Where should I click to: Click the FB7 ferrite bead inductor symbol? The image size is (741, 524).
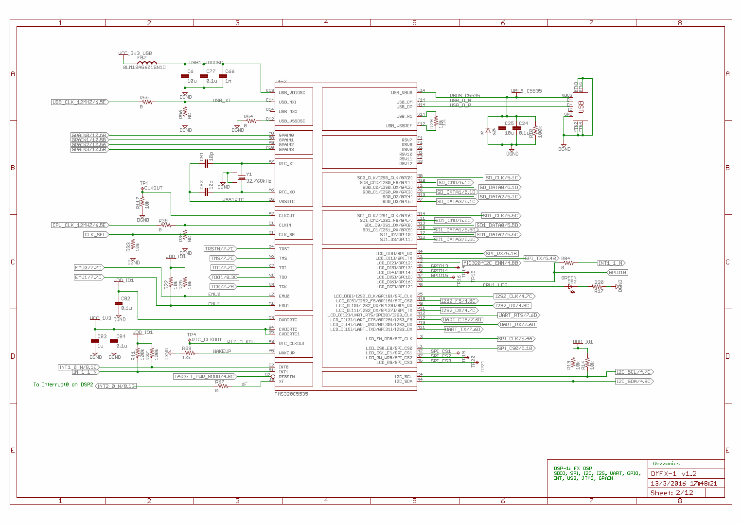tap(146, 63)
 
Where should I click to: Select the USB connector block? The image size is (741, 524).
tap(581, 106)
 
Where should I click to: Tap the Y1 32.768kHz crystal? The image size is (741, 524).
tap(242, 178)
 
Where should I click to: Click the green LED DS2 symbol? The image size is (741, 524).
tap(572, 287)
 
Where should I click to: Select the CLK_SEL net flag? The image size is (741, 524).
tap(96, 235)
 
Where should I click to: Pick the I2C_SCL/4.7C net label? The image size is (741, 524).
tap(634, 372)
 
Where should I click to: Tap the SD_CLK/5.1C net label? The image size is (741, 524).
tap(502, 178)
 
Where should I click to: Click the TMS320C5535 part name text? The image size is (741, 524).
tap(291, 394)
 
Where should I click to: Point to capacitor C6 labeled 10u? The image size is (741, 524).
tap(185, 76)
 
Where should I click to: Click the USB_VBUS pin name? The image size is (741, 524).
tap(401, 92)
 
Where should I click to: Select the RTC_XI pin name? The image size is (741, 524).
tap(286, 164)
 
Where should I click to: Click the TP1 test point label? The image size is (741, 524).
tap(144, 184)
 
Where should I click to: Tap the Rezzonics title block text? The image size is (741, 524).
tap(666, 464)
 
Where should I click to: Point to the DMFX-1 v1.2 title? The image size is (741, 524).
tap(673, 473)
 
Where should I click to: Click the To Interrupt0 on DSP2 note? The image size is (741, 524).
tap(63, 385)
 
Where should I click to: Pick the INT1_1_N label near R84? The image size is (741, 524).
tap(610, 263)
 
